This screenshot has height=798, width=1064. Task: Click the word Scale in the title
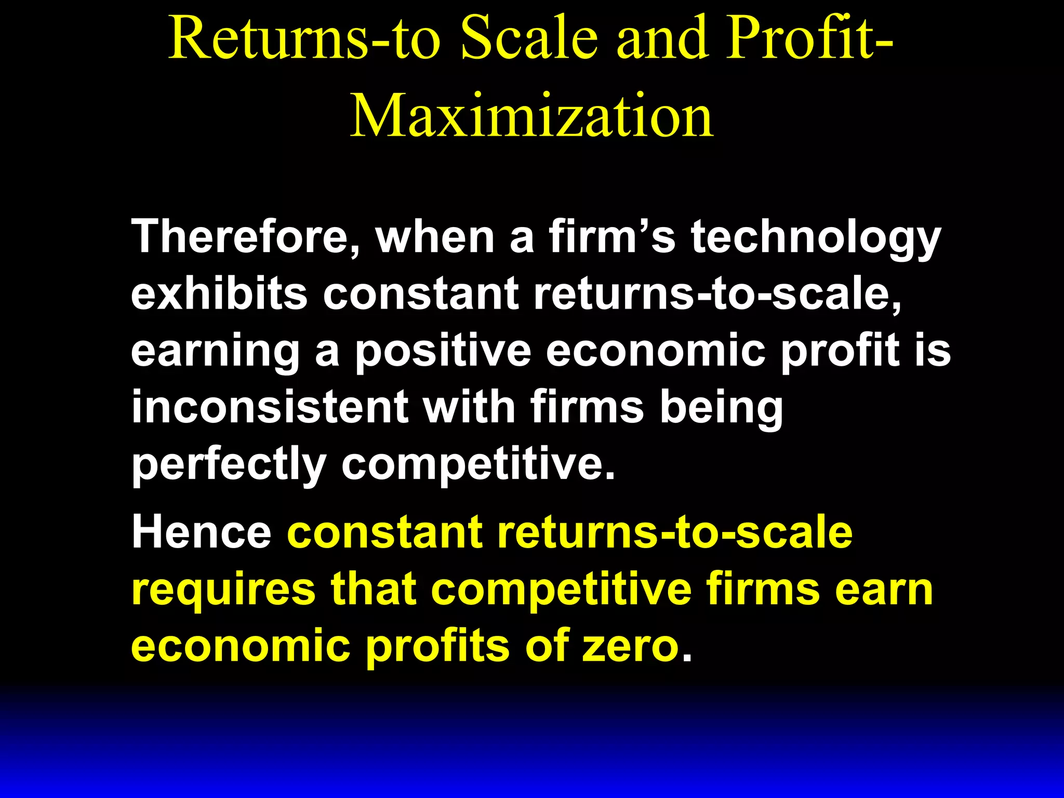529,37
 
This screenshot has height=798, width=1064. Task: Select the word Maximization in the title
532,115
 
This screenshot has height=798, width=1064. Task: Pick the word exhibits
219,294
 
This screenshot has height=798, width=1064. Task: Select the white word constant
421,294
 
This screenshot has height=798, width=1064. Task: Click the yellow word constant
384,533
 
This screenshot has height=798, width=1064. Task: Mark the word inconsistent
270,407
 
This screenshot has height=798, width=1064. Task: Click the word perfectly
229,465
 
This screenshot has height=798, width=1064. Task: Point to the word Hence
202,533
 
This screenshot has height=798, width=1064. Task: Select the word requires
224,591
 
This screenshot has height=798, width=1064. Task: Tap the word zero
631,647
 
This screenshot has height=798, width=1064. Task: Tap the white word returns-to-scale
717,294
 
